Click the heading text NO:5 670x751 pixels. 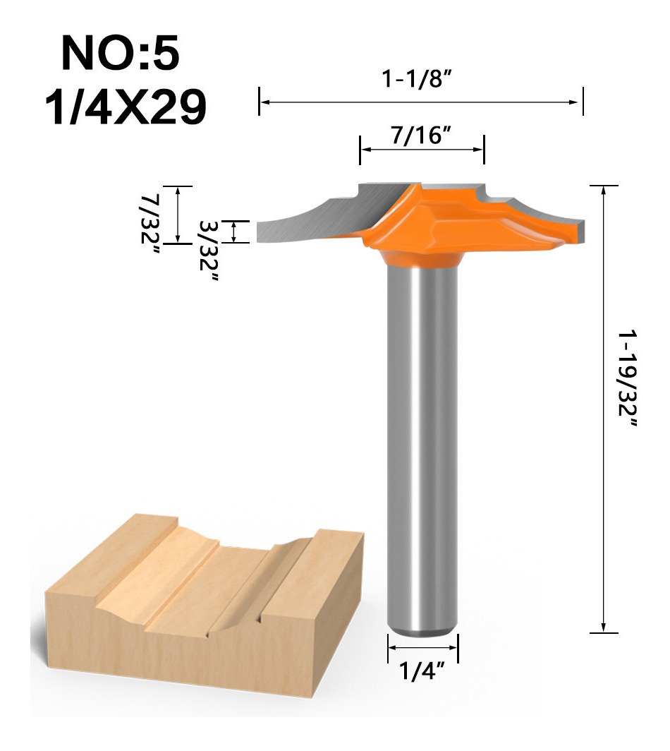point(121,54)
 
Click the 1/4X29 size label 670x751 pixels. point(126,107)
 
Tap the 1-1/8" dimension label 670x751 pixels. point(416,78)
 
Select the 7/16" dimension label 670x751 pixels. point(422,136)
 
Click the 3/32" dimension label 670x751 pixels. point(209,251)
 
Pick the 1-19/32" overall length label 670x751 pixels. point(628,378)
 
